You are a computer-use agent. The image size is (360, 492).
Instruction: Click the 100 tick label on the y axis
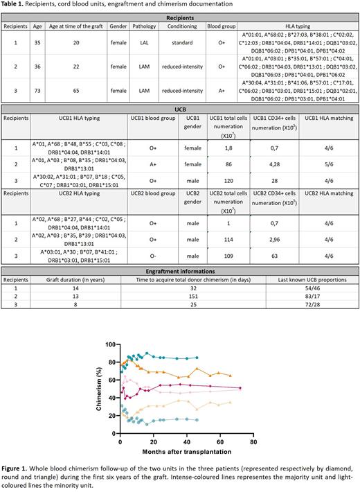pos(107,344)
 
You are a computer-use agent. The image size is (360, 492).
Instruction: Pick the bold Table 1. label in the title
pos(15,5)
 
